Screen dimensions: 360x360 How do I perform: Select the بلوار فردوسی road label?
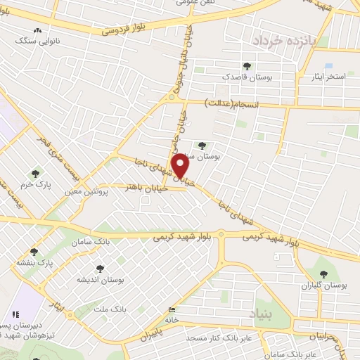126,27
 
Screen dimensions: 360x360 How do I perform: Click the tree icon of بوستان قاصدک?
246,65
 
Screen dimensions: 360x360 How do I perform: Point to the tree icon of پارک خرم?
35,174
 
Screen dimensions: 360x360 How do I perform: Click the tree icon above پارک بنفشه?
33,252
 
